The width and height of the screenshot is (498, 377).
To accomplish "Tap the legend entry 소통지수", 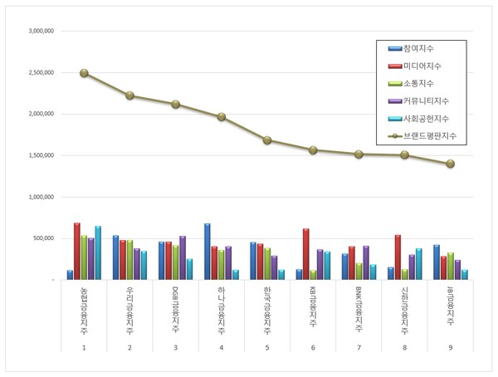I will point(420,84).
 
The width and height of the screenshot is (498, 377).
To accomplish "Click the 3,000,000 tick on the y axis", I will point(41,31).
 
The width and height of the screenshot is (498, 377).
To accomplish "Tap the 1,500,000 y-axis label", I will point(41,155).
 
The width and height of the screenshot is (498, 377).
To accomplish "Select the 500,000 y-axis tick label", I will point(43,238).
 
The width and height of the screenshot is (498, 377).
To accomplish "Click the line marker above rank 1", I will point(84,73).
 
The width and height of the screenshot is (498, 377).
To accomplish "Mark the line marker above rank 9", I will point(451,164).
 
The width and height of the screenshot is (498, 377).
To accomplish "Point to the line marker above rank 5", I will point(267,140).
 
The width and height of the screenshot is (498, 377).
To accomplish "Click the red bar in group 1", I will point(77,252).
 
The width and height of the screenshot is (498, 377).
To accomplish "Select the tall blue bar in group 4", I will point(207,252).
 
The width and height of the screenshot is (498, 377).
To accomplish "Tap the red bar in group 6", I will point(306,254).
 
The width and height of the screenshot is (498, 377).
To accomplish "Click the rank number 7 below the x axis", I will point(359,347).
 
